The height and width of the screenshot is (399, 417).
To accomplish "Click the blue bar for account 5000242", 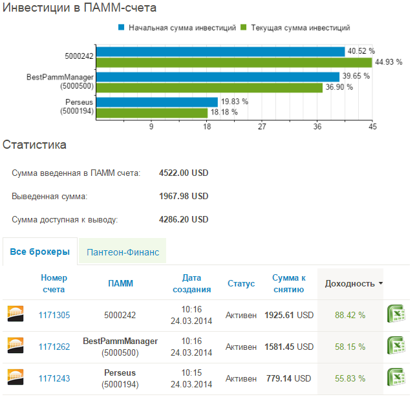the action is [220, 52].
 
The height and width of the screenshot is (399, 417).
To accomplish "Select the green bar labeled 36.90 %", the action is [209, 88].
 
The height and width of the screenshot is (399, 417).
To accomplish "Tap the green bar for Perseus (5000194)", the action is [152, 113].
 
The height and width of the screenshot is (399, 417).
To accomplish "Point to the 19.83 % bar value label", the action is [235, 102].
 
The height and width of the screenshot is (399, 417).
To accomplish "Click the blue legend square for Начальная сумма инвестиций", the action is [122, 27].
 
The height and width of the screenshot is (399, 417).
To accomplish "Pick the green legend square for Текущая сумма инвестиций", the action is [243, 27].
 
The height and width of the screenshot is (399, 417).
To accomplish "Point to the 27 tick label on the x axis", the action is [262, 127].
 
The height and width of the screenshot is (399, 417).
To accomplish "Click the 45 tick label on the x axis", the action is [372, 127].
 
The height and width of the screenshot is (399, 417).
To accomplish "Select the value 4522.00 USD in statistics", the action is [184, 173].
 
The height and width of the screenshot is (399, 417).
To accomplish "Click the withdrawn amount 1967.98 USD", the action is [184, 197].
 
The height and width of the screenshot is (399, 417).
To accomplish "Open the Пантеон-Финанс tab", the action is [123, 252].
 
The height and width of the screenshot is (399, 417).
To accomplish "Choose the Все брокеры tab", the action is [40, 252].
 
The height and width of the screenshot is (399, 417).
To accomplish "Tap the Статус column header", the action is [241, 283].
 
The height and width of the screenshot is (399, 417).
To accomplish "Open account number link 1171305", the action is [54, 315].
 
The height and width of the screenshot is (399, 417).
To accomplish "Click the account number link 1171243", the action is [54, 378].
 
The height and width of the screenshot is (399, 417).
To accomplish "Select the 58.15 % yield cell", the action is [350, 347].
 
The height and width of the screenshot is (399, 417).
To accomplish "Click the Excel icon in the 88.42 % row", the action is [396, 314].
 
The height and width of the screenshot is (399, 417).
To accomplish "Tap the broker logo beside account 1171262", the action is [16, 345].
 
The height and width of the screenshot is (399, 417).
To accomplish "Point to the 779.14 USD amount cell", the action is [288, 378].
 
